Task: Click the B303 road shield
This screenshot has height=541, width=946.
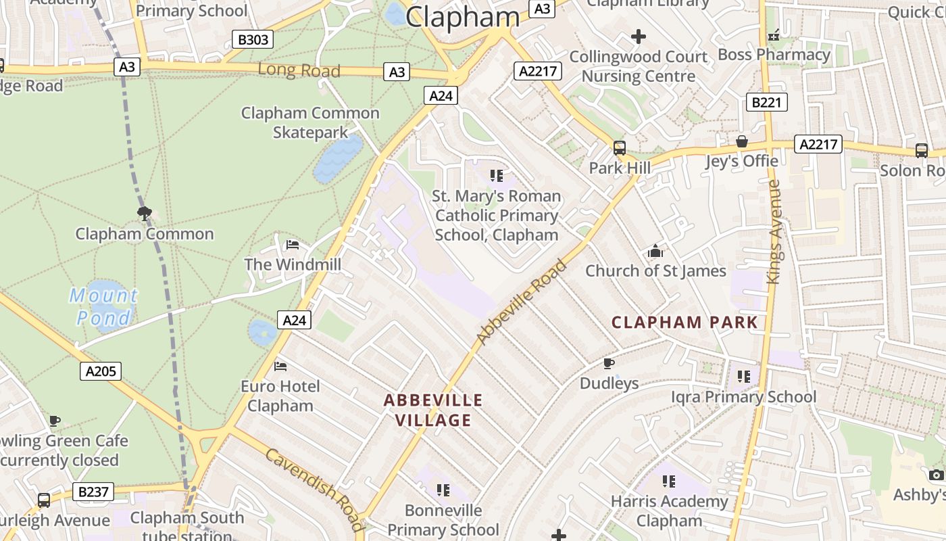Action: [x=253, y=40]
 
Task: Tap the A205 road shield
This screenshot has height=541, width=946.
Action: [x=101, y=371]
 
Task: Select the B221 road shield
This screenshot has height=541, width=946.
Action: [x=766, y=102]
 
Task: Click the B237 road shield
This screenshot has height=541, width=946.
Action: [x=93, y=492]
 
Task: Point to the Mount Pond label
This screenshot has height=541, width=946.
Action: [x=103, y=306]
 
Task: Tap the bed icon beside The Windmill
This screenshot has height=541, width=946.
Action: [x=293, y=244]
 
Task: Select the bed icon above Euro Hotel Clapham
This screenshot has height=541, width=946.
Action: [x=280, y=367]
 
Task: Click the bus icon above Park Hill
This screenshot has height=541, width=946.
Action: [x=619, y=148]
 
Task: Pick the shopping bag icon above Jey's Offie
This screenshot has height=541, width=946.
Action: [x=741, y=142]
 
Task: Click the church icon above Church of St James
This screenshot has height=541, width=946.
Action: [x=655, y=252]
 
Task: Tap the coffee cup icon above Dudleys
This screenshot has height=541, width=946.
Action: [x=608, y=364]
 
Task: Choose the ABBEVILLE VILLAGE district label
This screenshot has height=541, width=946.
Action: [x=433, y=410]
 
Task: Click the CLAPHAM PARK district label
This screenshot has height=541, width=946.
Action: [x=684, y=322]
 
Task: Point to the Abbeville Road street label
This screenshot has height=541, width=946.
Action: [x=520, y=302]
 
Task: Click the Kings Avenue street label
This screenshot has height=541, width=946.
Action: [x=774, y=232]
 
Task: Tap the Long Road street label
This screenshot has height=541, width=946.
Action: [x=299, y=70]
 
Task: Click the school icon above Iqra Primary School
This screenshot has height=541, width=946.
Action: [x=743, y=377]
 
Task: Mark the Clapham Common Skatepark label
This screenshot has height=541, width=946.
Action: [x=310, y=122]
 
